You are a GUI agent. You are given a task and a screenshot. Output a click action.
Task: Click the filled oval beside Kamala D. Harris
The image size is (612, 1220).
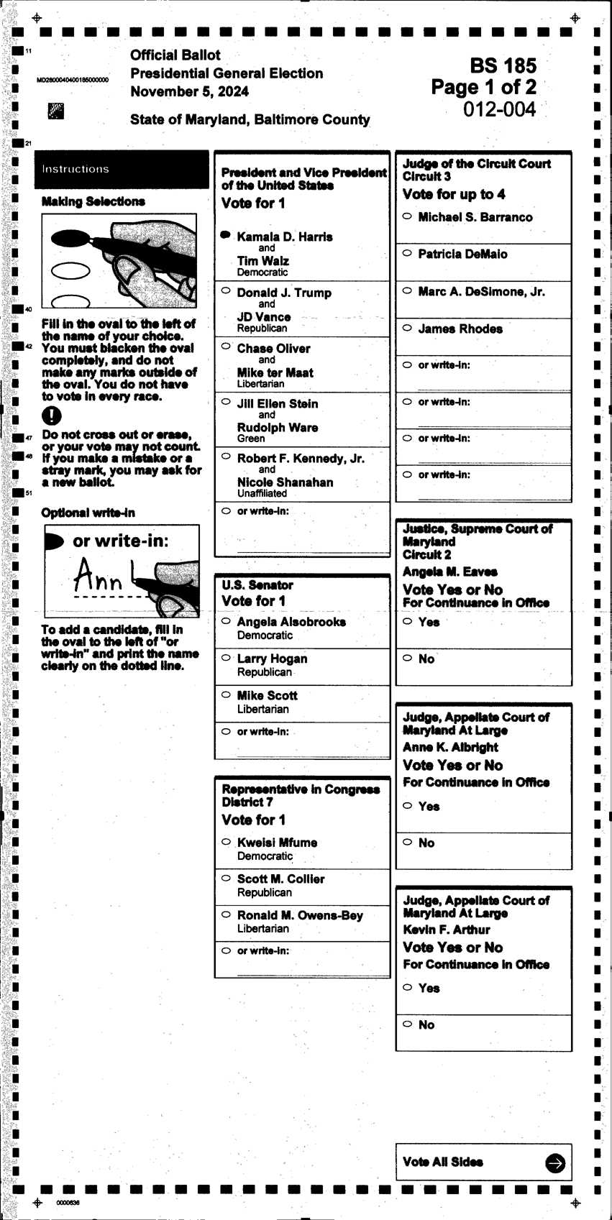click(226, 235)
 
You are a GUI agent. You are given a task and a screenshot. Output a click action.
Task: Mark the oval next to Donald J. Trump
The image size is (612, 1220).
click(226, 291)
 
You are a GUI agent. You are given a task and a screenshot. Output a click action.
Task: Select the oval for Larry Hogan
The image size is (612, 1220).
click(226, 657)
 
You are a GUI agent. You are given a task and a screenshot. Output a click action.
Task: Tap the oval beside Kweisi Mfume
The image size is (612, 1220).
click(226, 841)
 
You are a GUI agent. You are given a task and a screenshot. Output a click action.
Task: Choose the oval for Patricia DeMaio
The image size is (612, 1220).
click(407, 253)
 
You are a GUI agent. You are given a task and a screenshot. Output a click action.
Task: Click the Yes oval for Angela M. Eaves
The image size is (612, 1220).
click(407, 621)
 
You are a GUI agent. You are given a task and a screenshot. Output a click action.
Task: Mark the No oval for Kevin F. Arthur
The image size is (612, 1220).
click(407, 1024)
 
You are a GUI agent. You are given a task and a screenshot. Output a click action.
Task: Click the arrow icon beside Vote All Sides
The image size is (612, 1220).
click(555, 1163)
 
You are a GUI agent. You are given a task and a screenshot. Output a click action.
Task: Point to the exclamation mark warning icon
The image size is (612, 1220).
click(52, 416)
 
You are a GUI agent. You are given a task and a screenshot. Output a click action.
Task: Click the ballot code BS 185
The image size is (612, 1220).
click(503, 66)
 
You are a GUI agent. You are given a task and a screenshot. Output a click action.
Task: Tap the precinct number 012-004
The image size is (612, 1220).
click(499, 109)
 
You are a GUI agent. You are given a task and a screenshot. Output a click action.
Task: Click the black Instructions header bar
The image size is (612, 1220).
click(122, 170)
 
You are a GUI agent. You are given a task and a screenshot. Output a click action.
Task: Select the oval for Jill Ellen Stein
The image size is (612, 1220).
click(226, 402)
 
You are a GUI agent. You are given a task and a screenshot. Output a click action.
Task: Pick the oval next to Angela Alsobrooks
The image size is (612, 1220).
click(226, 620)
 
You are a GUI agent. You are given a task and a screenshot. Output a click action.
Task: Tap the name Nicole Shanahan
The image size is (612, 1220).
click(285, 482)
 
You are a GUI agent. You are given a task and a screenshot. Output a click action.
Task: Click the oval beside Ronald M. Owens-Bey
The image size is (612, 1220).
click(226, 914)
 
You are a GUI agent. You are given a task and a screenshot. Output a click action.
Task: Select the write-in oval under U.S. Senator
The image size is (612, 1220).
click(226, 731)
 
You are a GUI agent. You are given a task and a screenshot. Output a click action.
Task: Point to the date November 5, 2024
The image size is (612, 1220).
click(189, 92)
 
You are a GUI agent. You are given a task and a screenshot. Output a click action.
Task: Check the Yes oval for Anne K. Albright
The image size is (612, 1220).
click(407, 805)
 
